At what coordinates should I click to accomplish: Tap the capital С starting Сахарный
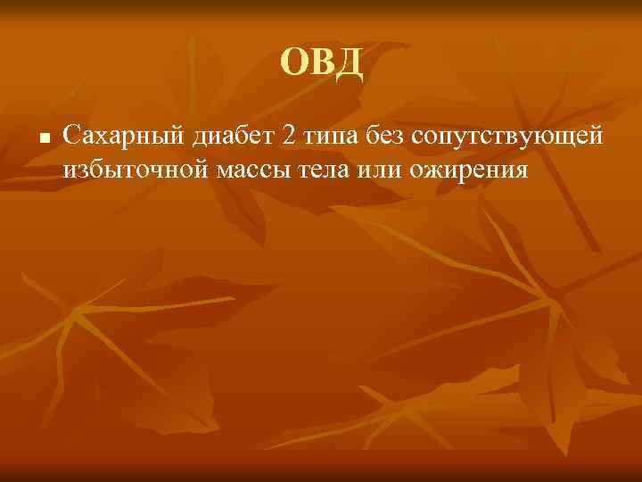click(72, 136)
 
